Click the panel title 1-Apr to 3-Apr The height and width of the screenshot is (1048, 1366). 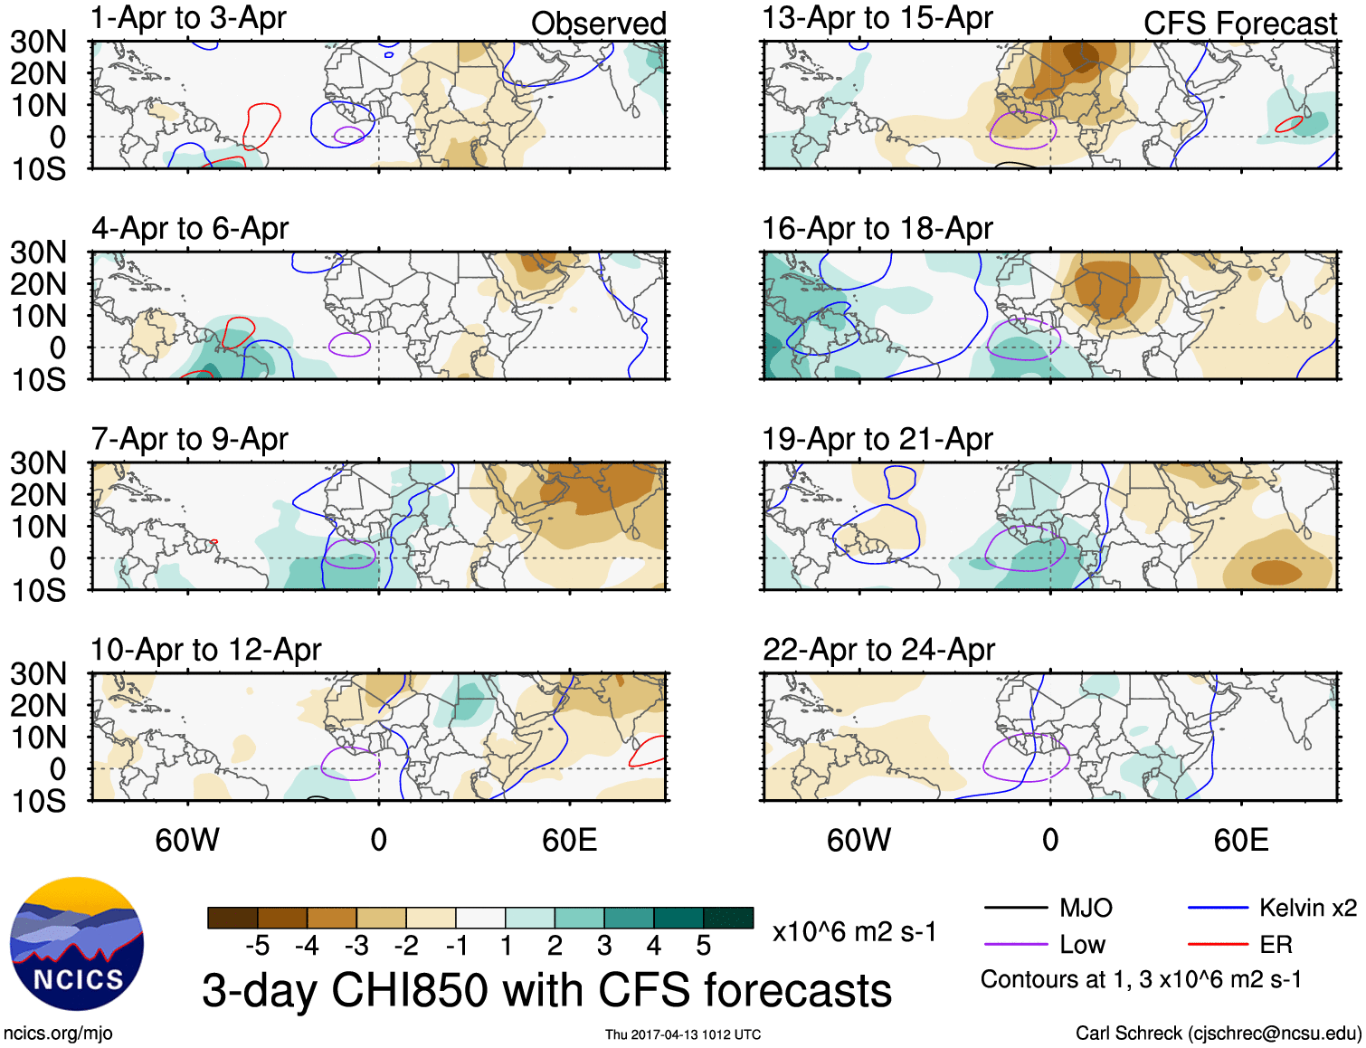coord(188,18)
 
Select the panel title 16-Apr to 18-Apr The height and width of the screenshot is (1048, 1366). coord(877,229)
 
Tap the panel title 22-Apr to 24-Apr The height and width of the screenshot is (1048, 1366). coord(877,650)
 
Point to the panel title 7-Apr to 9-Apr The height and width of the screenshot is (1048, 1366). coord(189,440)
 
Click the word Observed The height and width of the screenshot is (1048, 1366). coord(598,24)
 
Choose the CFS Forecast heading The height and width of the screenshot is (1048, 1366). coord(1239,24)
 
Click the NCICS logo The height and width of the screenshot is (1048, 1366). coord(77,944)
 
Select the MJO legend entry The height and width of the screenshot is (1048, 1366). coord(1085,908)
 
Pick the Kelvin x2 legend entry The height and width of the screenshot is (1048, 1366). coord(1307,908)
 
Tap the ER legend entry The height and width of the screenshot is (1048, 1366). coord(1276,945)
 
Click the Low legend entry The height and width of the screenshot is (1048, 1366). coord(1082,945)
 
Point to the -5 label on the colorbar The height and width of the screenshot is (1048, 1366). coord(257,946)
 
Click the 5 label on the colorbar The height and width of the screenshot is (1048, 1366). coord(703,946)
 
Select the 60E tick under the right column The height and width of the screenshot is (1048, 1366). coord(1240,840)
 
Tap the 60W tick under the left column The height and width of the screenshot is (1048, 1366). coord(187,840)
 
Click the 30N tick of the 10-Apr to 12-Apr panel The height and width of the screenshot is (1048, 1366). coord(38,673)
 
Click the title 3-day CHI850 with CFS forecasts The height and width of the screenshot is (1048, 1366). coord(546,990)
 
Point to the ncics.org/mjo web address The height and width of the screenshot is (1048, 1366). coord(58,1034)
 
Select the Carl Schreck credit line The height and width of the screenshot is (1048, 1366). coord(1218,1034)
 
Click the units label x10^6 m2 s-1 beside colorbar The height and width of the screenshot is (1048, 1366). coord(854,931)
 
